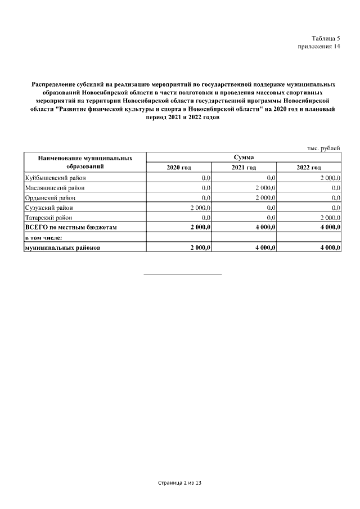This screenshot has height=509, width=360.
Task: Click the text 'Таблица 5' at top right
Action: [x=326, y=38]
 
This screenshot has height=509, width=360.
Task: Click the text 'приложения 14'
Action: [x=319, y=47]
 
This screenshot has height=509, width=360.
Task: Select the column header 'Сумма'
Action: [x=243, y=157]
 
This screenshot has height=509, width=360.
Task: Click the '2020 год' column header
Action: [x=179, y=168]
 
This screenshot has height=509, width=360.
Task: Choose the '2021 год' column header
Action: [x=244, y=168]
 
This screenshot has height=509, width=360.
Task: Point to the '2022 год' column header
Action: [x=308, y=168]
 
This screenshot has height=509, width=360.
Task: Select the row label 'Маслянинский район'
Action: [x=55, y=188]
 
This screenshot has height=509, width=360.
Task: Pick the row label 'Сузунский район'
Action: [x=49, y=208]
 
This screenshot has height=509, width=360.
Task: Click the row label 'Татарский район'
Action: [x=49, y=217]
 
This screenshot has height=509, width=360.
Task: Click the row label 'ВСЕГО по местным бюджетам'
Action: [x=71, y=227]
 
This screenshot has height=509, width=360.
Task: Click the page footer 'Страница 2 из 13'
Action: [x=179, y=483]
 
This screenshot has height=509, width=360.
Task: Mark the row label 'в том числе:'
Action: [x=43, y=237]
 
